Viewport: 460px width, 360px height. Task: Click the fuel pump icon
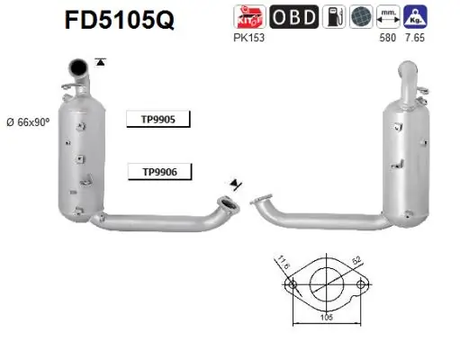333,17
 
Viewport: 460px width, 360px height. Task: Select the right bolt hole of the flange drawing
361,286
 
